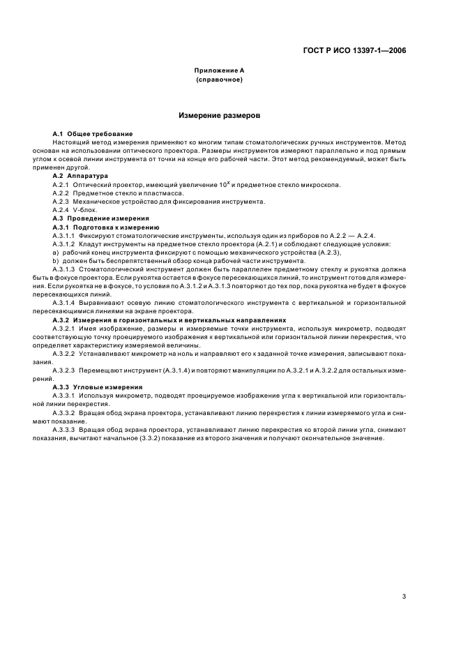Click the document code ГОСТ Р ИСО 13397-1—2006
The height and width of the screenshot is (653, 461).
point(356,50)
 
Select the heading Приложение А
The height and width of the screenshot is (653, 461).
point(219,71)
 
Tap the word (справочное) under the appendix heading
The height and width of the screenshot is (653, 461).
point(219,80)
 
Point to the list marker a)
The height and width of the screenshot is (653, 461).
point(56,252)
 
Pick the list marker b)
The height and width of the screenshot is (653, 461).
point(56,260)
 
